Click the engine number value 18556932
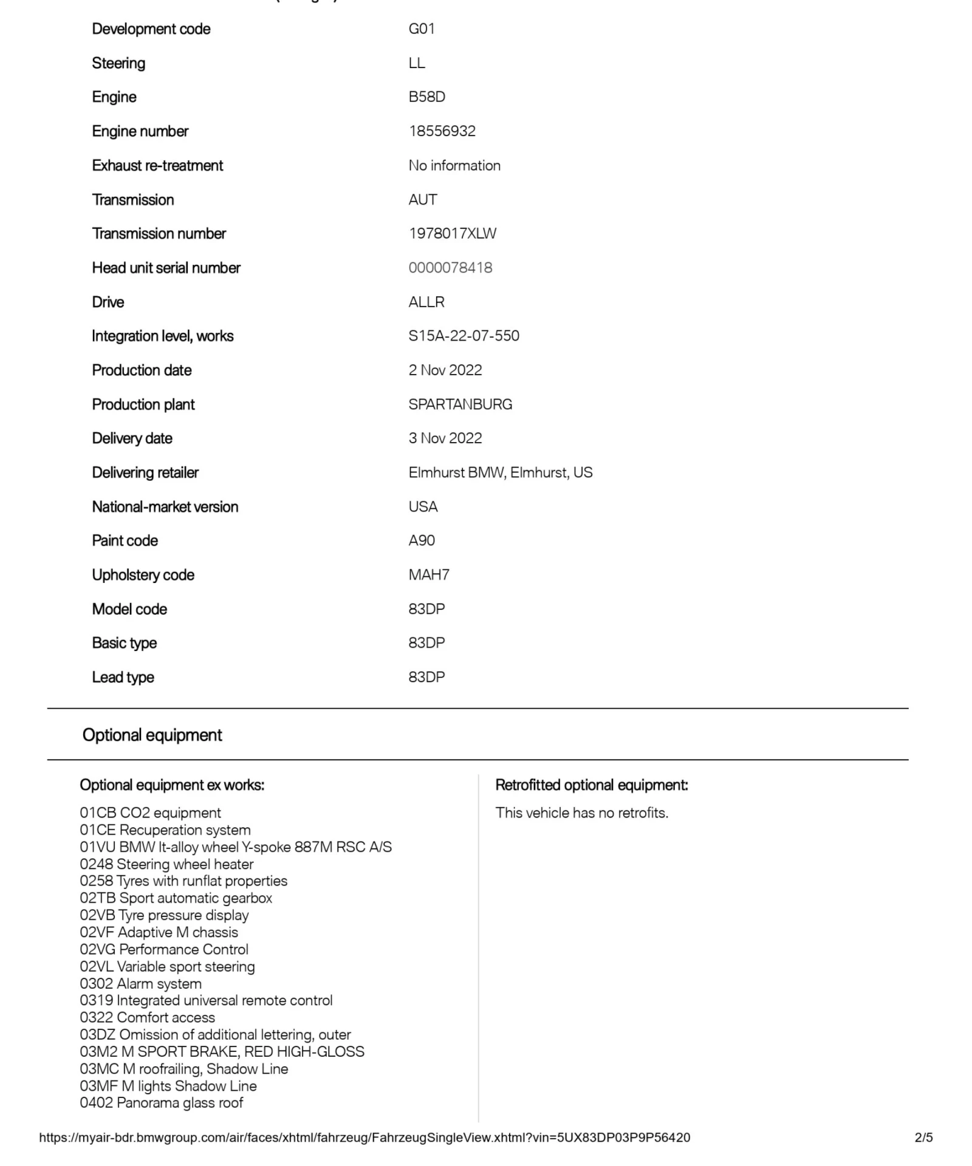tap(442, 131)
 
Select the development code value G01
tap(421, 29)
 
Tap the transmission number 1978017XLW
tap(452, 233)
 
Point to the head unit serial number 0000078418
tap(450, 268)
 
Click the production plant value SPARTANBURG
tap(460, 404)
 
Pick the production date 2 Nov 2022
tap(445, 370)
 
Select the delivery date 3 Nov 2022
tap(445, 438)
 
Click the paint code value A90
tap(421, 540)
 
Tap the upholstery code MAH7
tap(428, 574)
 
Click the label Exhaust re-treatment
tap(157, 165)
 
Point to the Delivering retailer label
tap(145, 472)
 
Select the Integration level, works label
tap(162, 336)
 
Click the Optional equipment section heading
tap(152, 735)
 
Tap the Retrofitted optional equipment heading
tap(591, 785)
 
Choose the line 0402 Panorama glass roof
tap(161, 1102)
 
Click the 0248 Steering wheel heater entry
tap(166, 864)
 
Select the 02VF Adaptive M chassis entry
tap(159, 932)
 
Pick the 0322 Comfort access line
tap(147, 1017)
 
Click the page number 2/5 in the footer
tap(923, 1137)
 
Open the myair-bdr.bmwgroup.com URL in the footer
tap(364, 1137)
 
